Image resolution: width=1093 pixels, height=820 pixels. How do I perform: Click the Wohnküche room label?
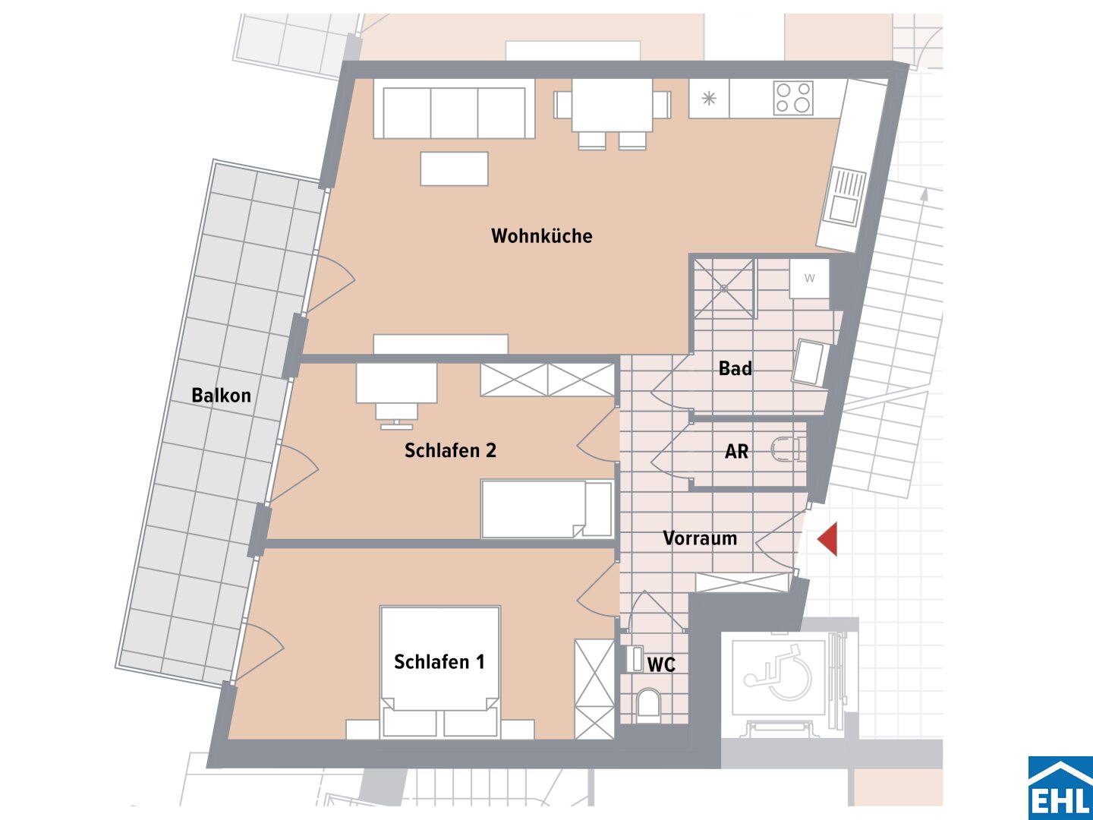(x=542, y=236)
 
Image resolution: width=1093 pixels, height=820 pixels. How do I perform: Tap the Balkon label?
(x=221, y=396)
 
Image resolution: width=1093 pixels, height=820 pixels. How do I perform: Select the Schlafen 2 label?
(x=450, y=450)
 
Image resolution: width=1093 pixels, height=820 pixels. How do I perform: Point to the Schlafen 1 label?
(x=439, y=661)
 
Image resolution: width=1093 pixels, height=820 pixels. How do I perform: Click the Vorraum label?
(x=700, y=538)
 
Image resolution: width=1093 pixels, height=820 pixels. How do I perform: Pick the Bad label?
(x=735, y=368)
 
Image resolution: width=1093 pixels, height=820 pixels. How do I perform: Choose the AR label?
(x=736, y=452)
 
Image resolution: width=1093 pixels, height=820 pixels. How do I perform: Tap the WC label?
(x=661, y=664)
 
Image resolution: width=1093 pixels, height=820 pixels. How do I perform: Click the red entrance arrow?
(x=827, y=539)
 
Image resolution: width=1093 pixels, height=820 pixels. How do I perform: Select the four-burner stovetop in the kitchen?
(x=793, y=98)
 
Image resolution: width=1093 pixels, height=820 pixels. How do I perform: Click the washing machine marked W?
(x=810, y=279)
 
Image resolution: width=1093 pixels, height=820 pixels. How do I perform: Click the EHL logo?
(x=1060, y=787)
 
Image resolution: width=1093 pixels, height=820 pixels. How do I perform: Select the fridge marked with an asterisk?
(x=709, y=98)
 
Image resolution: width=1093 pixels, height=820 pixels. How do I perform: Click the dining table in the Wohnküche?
(x=612, y=105)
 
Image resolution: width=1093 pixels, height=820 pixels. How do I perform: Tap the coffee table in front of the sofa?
(x=454, y=169)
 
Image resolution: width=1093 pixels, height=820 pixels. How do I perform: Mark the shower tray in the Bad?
(x=724, y=289)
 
